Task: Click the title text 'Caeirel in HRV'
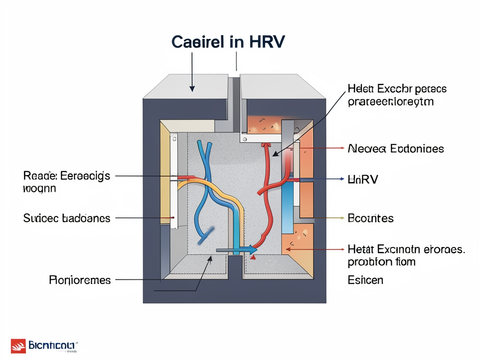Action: [x=228, y=42]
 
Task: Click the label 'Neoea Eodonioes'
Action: [x=396, y=149]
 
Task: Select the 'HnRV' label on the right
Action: [x=363, y=179]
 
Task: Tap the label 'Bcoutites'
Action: [x=371, y=218]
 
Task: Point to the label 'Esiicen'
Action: [x=365, y=280]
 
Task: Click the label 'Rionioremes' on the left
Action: [x=80, y=280]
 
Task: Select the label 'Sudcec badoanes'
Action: [x=67, y=218]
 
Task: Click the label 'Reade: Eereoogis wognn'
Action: [x=67, y=182]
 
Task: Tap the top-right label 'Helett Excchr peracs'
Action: [x=397, y=94]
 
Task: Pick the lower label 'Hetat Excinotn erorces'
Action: [x=406, y=255]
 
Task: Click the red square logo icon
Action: [x=18, y=346]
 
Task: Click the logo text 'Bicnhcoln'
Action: [x=51, y=346]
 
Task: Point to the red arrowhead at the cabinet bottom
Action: [x=254, y=256]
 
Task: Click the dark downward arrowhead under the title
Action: [x=192, y=87]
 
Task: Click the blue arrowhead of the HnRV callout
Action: [x=342, y=179]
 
